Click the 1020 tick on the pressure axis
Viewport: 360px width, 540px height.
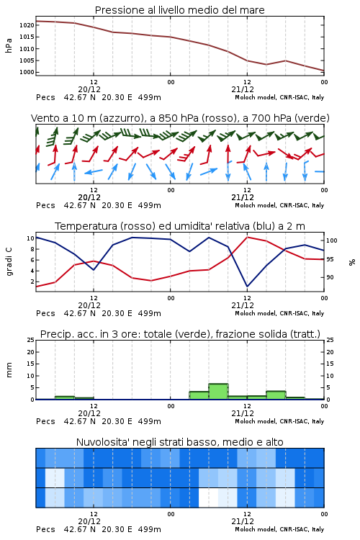pos(27,25)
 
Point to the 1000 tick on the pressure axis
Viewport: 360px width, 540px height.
pos(27,72)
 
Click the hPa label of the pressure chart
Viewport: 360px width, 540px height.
pos(9,45)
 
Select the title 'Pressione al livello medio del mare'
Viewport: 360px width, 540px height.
pos(180,10)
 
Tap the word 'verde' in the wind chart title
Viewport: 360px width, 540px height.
pos(311,118)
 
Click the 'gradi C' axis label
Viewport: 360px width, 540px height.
pos(9,262)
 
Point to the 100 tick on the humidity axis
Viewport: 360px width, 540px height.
pos(332,240)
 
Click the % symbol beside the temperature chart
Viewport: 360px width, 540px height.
pos(352,262)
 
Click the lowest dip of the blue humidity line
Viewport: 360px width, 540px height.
pos(248,286)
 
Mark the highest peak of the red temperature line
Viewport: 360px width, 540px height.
pos(248,237)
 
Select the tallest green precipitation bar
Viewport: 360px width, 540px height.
pos(218,392)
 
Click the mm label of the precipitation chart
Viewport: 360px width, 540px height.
pos(9,370)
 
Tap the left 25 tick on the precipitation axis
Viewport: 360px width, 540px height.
pos(31,340)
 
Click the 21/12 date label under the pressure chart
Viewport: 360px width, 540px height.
pos(243,89)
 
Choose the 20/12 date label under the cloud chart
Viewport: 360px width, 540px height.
pos(89,521)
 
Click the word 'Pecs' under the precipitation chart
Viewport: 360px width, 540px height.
pos(45,421)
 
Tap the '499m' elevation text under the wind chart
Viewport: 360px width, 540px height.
pos(150,205)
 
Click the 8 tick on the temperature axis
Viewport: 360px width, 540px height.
pos(32,249)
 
